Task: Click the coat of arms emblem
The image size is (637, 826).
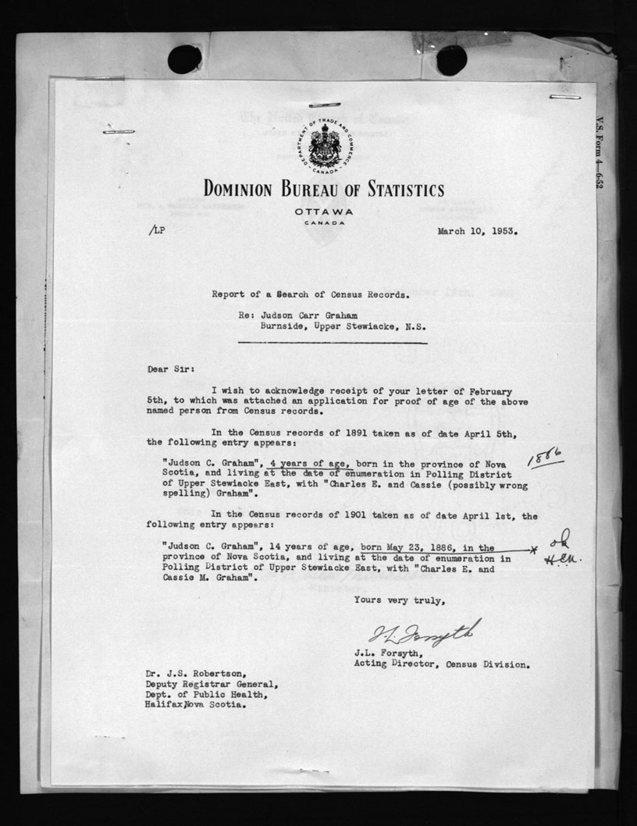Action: click(324, 145)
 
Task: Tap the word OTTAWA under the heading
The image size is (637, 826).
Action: click(324, 212)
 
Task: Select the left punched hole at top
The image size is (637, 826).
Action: click(184, 59)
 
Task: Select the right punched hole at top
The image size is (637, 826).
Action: click(451, 60)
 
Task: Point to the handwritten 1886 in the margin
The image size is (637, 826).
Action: click(546, 456)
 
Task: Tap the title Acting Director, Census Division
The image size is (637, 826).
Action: click(443, 665)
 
